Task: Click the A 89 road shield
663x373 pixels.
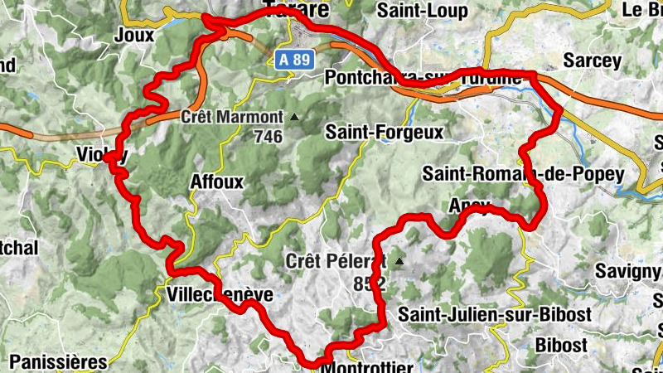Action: (294, 60)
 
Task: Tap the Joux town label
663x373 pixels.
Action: (135, 34)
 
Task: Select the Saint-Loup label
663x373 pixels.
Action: (422, 11)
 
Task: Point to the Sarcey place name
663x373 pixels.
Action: (591, 61)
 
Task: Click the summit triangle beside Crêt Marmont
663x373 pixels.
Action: (293, 117)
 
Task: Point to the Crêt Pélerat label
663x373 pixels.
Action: (336, 261)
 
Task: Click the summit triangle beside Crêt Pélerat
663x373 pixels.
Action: (399, 262)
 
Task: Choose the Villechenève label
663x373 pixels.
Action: (220, 295)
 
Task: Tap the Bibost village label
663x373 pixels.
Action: (561, 344)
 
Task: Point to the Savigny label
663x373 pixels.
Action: (628, 271)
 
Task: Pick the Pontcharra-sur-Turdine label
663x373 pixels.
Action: (423, 78)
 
